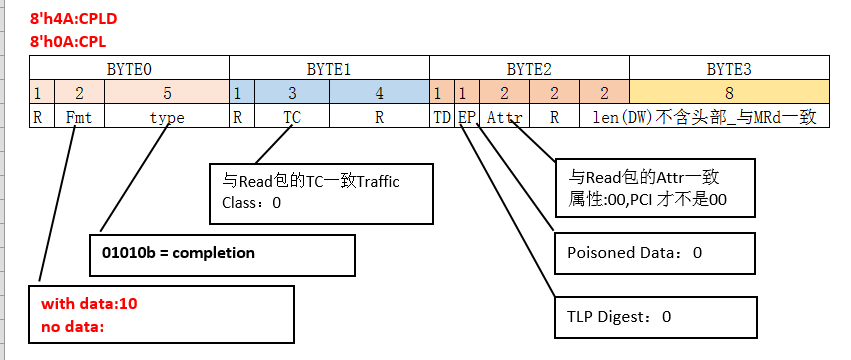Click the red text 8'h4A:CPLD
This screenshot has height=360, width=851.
click(73, 18)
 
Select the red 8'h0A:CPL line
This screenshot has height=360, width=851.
click(68, 42)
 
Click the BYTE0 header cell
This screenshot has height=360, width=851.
click(129, 69)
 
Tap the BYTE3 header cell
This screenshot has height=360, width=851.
click(728, 69)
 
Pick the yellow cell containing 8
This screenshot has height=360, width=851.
click(728, 93)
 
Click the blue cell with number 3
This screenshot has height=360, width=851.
click(290, 93)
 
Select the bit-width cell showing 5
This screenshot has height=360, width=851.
click(167, 93)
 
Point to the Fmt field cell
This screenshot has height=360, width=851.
click(79, 117)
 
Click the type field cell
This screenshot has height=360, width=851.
click(167, 117)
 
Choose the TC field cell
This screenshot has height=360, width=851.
click(290, 117)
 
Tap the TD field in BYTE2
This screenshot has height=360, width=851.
click(441, 117)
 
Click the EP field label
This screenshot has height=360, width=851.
click(466, 117)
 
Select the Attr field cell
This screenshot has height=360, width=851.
click(504, 117)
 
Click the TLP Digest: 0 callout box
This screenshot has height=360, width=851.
click(652, 317)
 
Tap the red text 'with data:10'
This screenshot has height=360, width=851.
click(89, 303)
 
